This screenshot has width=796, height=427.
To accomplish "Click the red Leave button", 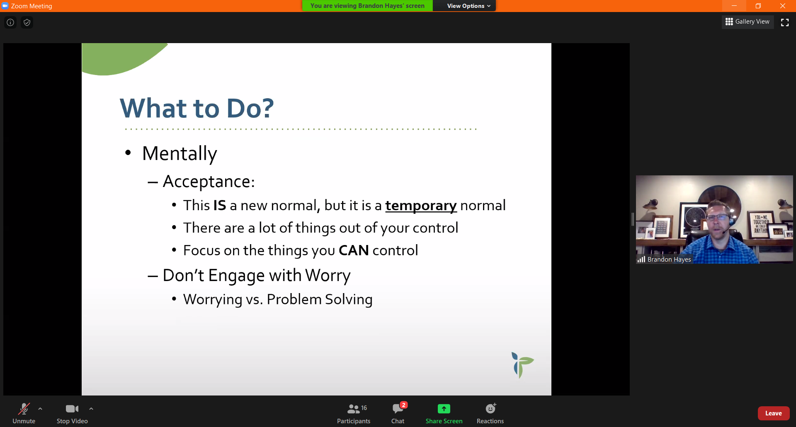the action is click(773, 413).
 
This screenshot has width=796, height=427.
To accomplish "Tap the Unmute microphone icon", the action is click(24, 409).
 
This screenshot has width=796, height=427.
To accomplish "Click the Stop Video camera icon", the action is click(72, 409).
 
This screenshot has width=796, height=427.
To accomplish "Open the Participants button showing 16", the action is click(354, 413).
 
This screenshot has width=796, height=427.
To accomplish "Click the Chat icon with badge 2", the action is click(398, 409).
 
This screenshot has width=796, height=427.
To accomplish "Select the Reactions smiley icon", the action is click(490, 409).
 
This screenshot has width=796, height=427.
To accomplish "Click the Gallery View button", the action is click(747, 22).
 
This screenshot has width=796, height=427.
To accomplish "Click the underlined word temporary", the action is click(421, 206).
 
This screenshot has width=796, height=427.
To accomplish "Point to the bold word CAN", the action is click(354, 250).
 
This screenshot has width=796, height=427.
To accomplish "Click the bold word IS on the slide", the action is click(220, 206).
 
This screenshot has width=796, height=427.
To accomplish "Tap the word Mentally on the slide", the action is click(180, 154).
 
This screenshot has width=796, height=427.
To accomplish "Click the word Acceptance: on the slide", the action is click(209, 182).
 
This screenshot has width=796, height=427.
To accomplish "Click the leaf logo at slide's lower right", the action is click(522, 365).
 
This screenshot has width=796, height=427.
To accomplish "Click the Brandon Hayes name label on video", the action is click(669, 260).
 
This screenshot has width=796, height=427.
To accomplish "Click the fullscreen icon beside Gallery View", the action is click(785, 22).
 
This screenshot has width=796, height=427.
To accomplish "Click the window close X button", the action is click(783, 6).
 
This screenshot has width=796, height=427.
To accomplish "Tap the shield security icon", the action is click(27, 22).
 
